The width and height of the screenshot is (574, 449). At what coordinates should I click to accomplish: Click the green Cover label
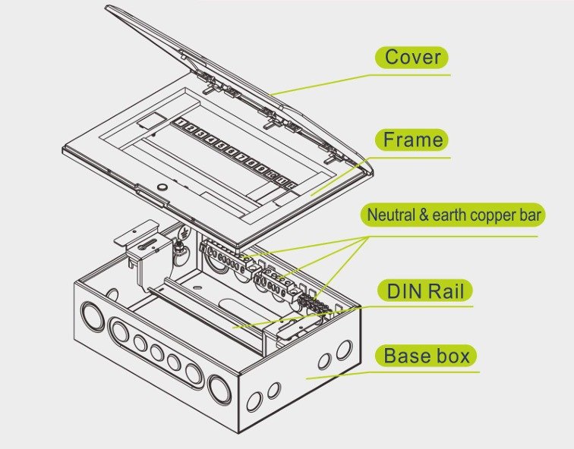click(412, 57)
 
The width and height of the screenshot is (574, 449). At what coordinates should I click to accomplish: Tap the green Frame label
click(412, 140)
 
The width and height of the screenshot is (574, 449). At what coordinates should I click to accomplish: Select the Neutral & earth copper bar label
click(453, 215)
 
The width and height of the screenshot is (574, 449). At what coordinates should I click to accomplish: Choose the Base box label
click(425, 356)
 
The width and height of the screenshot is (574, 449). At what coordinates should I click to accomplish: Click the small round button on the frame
click(161, 186)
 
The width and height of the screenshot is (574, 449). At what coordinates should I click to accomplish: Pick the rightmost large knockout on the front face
click(219, 390)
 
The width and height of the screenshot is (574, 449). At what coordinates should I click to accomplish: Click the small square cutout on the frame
click(152, 120)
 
